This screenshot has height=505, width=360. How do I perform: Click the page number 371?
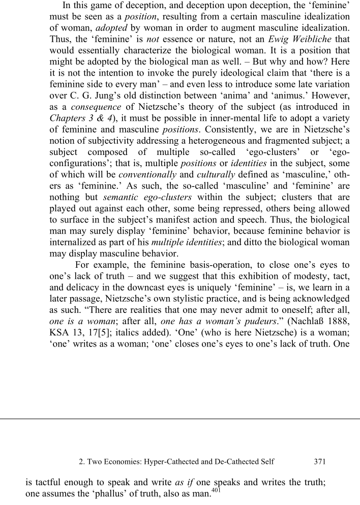click(x=319, y=462)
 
